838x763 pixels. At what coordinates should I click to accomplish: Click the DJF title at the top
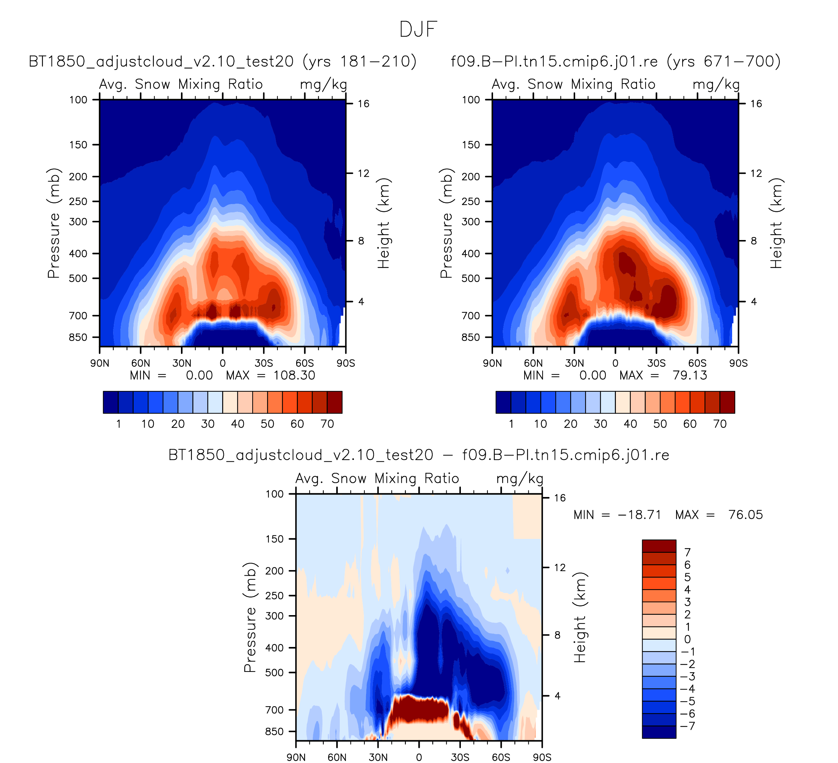point(418,29)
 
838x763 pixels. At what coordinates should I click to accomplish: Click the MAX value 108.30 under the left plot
point(294,376)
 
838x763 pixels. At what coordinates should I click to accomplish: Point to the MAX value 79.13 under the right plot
point(690,376)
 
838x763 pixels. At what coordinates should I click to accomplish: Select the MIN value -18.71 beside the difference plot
point(639,515)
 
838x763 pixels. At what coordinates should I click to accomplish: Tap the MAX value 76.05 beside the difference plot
point(745,515)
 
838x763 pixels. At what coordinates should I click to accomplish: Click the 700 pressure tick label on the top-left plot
point(78,316)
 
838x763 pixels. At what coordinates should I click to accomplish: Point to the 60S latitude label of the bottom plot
point(501,757)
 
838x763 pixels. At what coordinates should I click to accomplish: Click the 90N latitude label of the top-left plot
point(100,364)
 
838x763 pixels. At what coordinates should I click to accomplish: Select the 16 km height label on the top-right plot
point(756,104)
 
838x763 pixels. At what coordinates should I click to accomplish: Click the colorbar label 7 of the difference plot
point(687,552)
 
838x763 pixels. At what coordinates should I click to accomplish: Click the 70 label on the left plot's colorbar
point(327,424)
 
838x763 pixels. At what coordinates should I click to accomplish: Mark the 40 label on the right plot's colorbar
point(630,424)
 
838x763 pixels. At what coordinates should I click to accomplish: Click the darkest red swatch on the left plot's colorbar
point(335,402)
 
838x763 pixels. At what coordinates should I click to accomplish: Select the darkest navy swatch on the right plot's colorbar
point(503,402)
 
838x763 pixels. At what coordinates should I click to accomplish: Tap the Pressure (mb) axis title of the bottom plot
point(250,618)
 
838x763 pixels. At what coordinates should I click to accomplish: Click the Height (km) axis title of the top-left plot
point(383,223)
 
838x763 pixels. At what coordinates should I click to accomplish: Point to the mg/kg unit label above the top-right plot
point(716,85)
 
